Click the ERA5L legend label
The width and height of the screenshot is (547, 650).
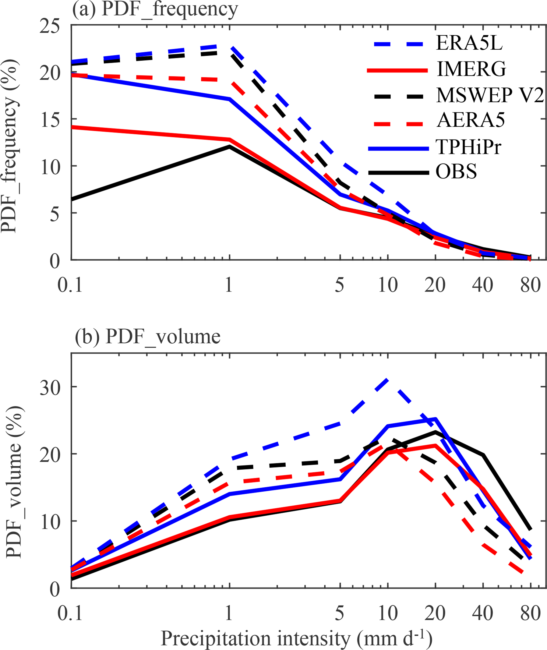coord(469,43)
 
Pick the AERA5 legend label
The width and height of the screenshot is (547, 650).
coord(471,120)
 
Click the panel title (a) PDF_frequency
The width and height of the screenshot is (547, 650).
coord(155,9)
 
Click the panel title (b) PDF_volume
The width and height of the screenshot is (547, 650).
coord(148,337)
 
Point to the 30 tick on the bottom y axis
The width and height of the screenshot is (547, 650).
coord(50,388)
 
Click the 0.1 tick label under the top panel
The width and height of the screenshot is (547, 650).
coord(70,285)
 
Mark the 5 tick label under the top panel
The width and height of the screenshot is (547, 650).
coord(340,285)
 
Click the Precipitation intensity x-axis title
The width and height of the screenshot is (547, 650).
coord(296,638)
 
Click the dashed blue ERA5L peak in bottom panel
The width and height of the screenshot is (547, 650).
coord(387,380)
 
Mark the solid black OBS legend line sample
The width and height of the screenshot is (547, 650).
coord(398,172)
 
